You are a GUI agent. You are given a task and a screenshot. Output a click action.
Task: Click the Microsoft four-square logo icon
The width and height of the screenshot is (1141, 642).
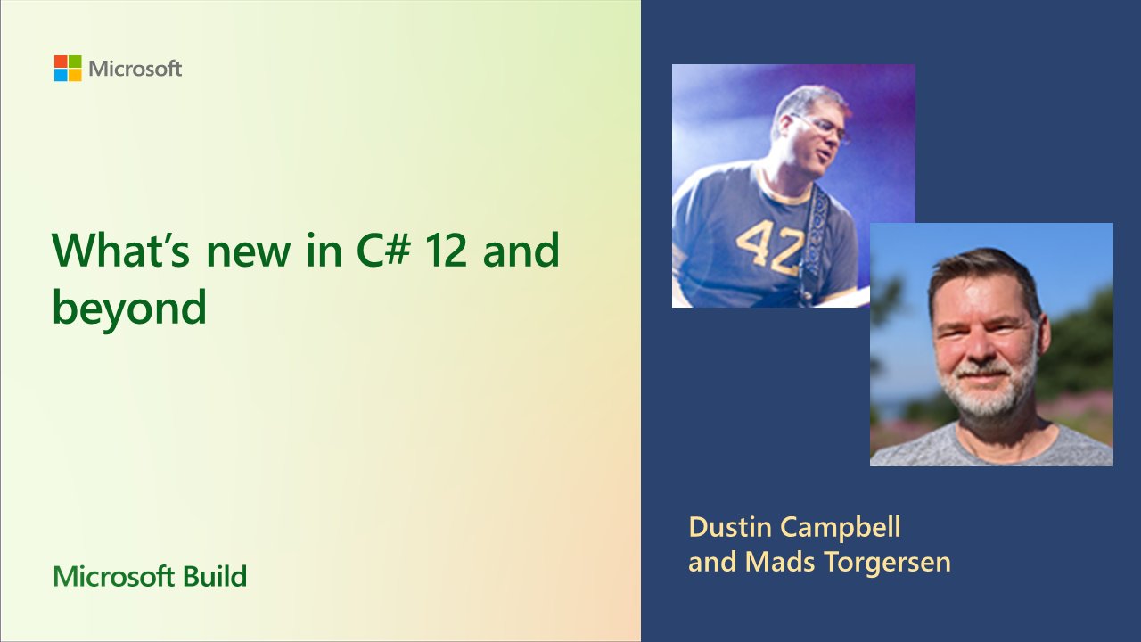(x=68, y=69)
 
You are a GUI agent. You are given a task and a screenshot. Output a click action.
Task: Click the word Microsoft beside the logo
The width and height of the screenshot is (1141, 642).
(x=135, y=69)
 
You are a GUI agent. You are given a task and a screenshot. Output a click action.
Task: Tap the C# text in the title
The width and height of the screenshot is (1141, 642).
(x=370, y=251)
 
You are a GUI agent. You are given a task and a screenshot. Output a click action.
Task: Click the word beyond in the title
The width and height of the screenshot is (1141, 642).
(x=129, y=308)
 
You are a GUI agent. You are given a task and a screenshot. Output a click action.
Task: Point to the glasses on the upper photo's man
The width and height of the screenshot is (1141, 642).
(x=825, y=127)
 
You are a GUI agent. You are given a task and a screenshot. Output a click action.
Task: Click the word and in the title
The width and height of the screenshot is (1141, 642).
(x=521, y=251)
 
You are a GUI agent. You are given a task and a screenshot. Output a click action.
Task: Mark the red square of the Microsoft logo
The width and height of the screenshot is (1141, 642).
(x=61, y=62)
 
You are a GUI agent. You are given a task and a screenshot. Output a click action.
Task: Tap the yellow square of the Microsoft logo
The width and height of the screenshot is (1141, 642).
(x=75, y=76)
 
